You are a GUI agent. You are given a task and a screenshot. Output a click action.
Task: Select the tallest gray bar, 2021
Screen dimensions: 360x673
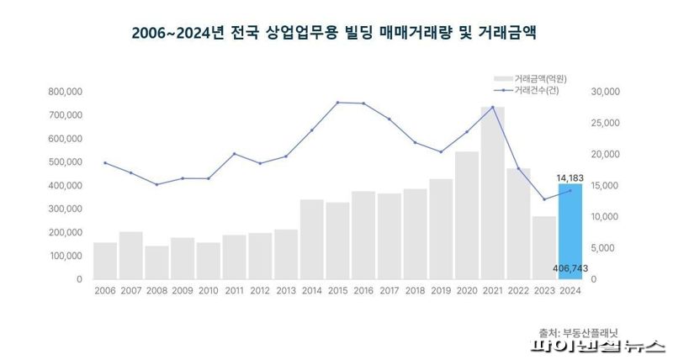point(492,193)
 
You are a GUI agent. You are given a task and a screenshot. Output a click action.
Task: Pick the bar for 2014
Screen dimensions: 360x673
point(311,240)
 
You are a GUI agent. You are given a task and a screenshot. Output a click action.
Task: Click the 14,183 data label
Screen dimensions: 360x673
point(570,177)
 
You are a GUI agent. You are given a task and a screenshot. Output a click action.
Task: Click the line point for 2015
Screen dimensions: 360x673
point(337,103)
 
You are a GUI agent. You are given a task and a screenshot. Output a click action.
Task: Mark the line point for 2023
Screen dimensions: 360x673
point(544,199)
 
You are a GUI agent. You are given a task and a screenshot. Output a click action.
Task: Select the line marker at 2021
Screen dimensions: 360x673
point(492,107)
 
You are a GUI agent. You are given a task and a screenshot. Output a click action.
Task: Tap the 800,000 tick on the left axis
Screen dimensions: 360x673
point(64,91)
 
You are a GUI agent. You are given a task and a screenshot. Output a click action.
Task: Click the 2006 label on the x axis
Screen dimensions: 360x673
point(105,290)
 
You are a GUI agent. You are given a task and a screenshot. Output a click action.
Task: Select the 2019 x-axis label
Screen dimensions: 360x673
point(441,290)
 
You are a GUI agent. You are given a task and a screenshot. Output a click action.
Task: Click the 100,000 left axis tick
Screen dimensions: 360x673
point(64,256)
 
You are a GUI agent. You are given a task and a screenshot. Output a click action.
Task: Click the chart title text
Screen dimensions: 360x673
point(334,34)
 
